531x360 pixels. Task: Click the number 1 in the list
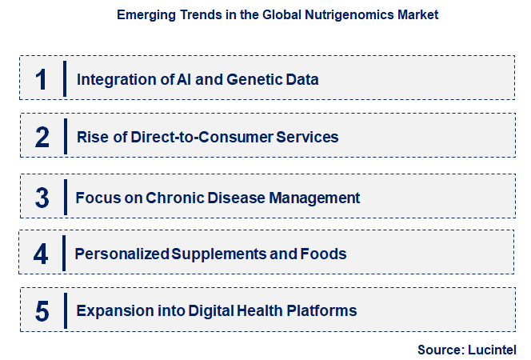click(x=42, y=79)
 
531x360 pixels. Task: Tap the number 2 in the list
click(x=42, y=138)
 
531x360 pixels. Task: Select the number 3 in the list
click(x=42, y=198)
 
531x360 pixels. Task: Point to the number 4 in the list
click(x=42, y=254)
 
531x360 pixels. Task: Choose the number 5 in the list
click(x=42, y=310)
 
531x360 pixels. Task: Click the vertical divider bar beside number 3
click(x=65, y=197)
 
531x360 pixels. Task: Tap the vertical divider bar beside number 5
click(x=65, y=310)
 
